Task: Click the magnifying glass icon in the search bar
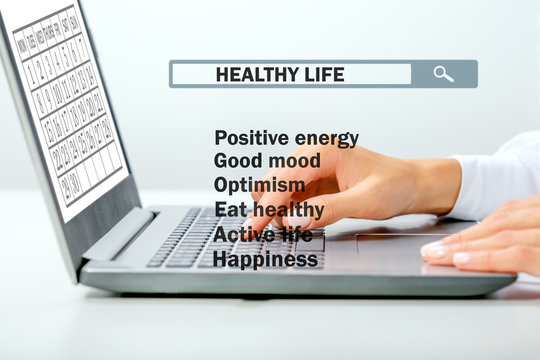pyautogui.click(x=444, y=74)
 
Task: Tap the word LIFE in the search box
pyautogui.click(x=324, y=74)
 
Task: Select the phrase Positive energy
pyautogui.click(x=286, y=138)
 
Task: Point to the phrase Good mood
pyautogui.click(x=267, y=161)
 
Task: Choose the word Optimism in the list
pyautogui.click(x=260, y=185)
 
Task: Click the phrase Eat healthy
pyautogui.click(x=268, y=210)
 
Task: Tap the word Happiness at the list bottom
pyautogui.click(x=265, y=259)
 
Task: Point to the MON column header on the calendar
pyautogui.click(x=22, y=45)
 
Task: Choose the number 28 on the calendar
pyautogui.click(x=108, y=128)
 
